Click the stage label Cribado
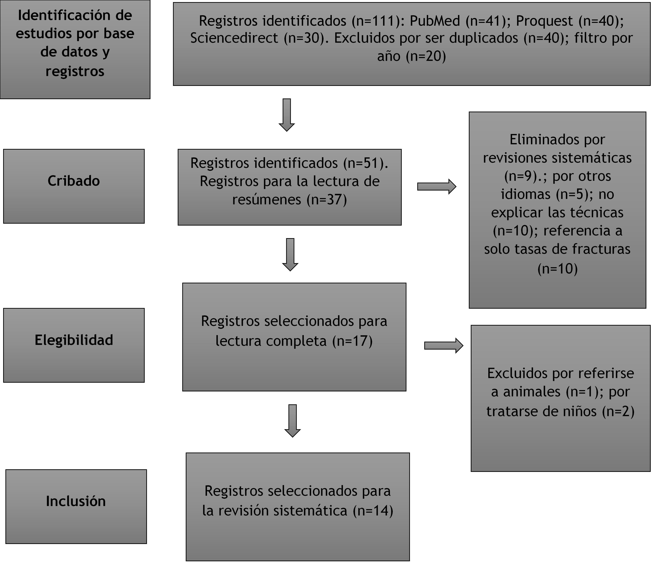74,181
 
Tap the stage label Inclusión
76,501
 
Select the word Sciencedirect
234,38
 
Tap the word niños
582,411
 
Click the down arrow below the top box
287,115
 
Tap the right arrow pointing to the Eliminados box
437,187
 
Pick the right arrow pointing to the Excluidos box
444,345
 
